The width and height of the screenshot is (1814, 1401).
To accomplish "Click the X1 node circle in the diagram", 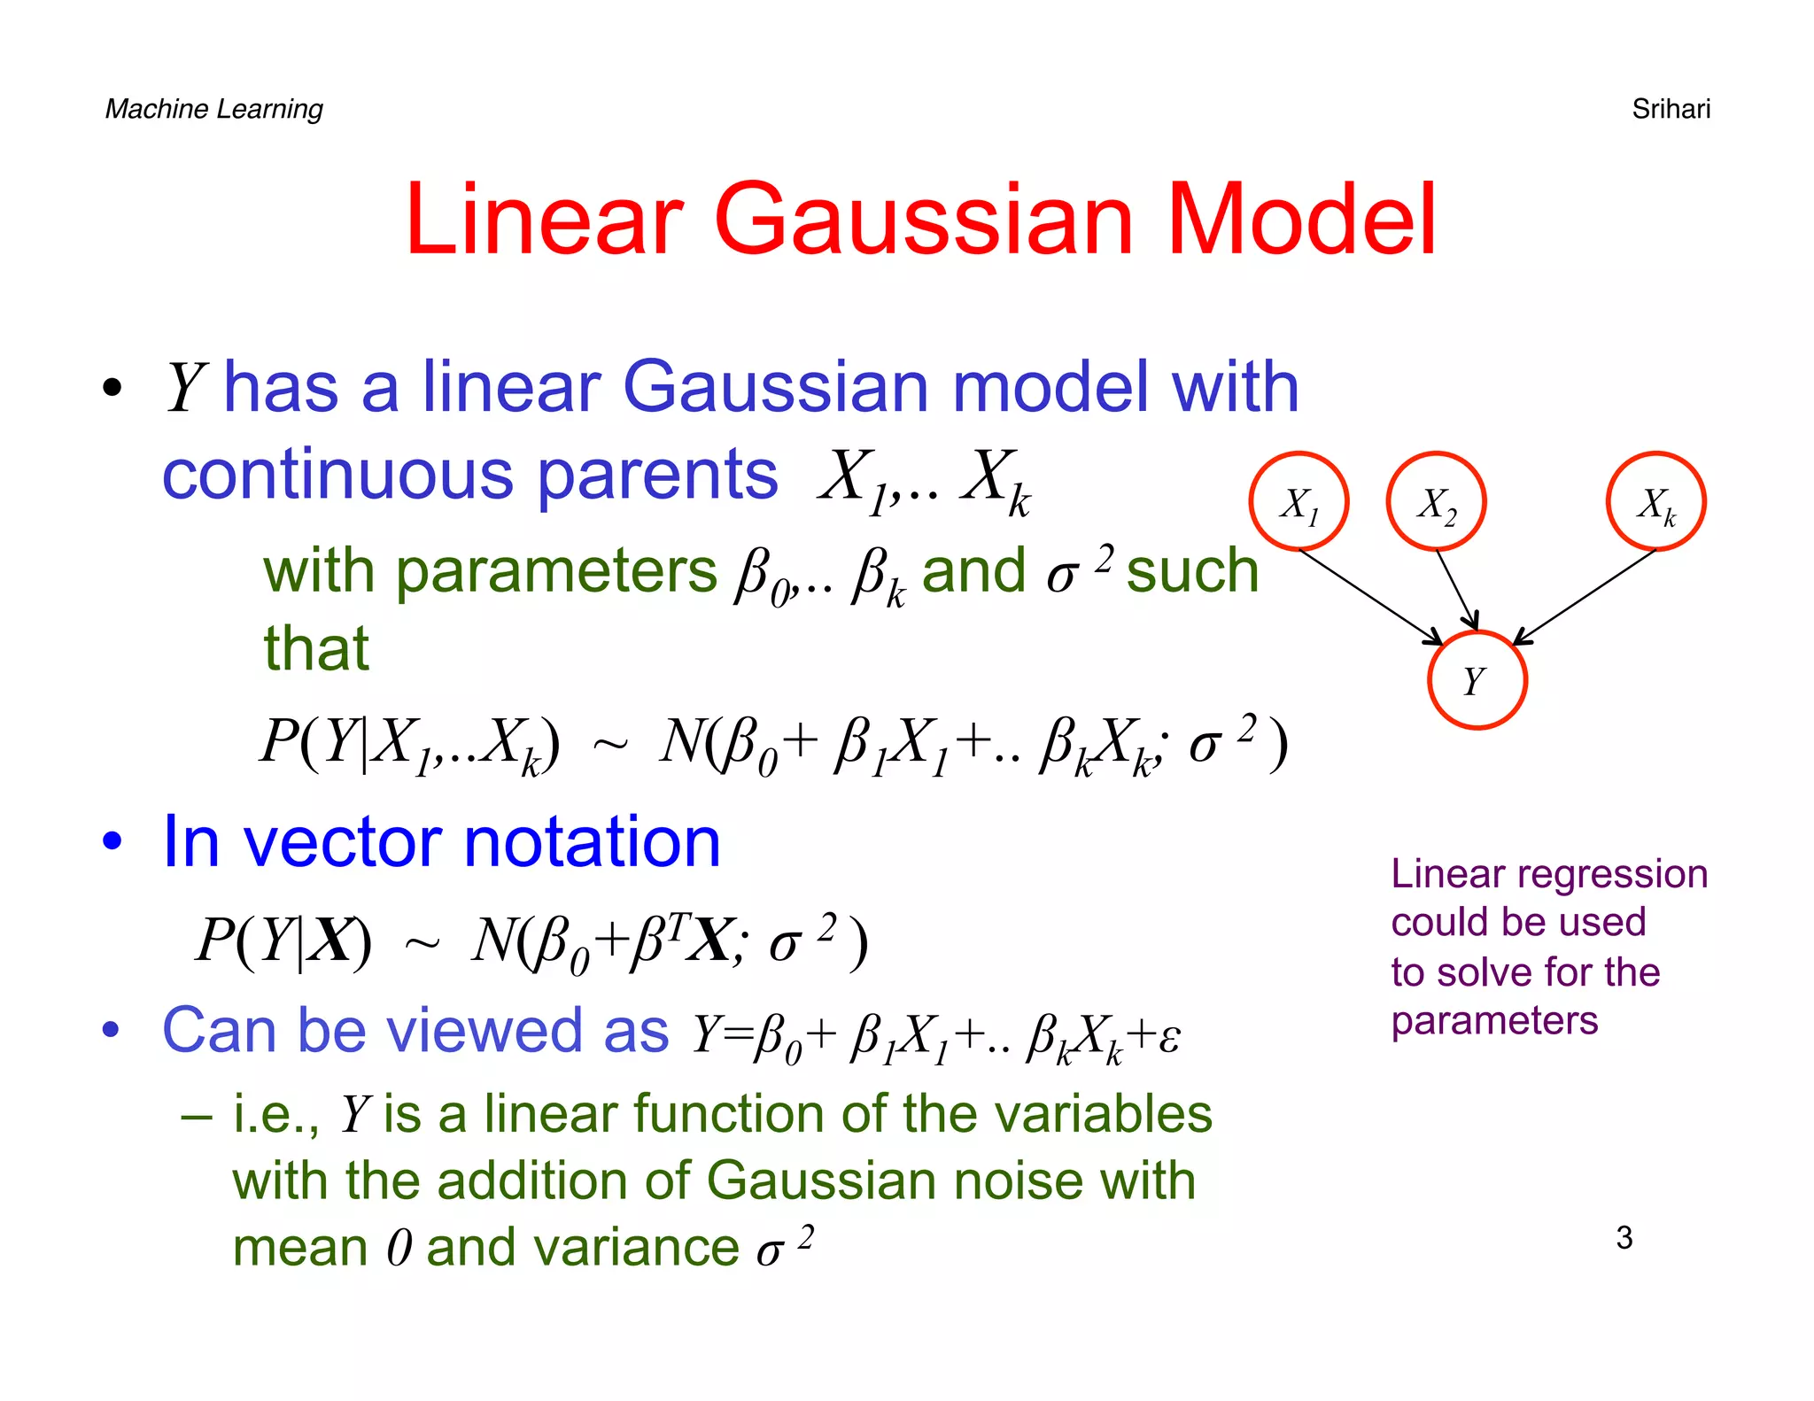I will pos(1298,501).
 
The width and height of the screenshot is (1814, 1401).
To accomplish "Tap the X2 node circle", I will pos(1436,501).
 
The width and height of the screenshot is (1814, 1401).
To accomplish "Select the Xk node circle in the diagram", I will pos(1655,501).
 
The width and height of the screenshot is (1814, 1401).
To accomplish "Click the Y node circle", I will pos(1477,680).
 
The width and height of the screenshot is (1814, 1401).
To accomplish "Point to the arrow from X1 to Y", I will pos(1368,596).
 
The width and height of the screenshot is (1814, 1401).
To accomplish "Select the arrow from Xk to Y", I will pos(1585,596).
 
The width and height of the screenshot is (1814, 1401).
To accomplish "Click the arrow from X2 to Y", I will pos(1457,590).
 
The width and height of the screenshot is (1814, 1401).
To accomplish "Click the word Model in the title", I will pos(1301,220).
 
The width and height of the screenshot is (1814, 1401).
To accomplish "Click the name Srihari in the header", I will pos(1671,109).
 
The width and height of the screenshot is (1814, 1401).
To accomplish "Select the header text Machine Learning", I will pos(213,109).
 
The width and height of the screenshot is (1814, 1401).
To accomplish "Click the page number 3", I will pos(1624,1237).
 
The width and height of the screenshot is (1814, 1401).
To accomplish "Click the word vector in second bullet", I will pos(341,841).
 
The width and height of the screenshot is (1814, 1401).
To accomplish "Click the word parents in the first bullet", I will pos(657,475).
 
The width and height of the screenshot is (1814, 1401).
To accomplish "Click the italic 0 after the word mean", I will pos(399,1249).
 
